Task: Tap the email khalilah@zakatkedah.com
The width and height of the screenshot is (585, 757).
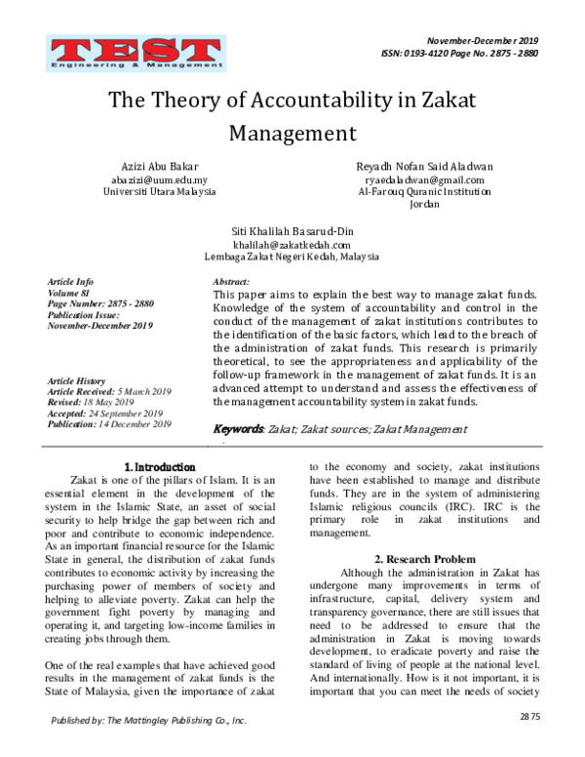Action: pos(292,244)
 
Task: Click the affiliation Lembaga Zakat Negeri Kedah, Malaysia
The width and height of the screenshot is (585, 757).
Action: pos(292,256)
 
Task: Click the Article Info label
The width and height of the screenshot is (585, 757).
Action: pos(71,281)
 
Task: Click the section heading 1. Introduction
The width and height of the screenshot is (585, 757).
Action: pos(160,466)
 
